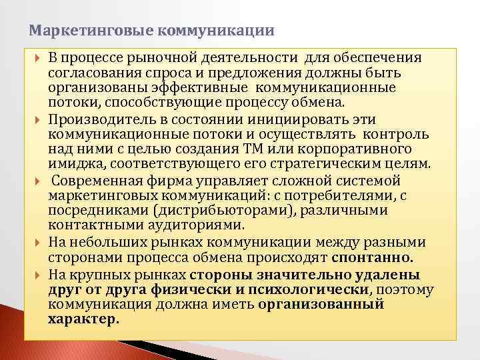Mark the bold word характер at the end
click(84, 319)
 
